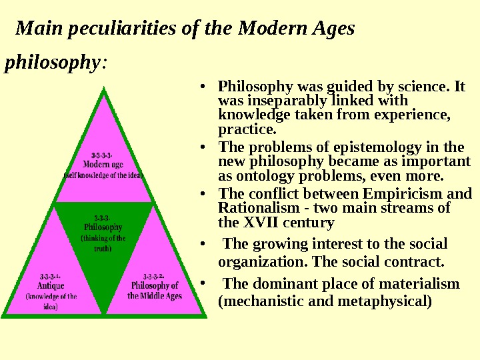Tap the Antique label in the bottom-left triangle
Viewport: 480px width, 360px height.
tap(51, 285)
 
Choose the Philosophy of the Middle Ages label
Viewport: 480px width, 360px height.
tap(155, 291)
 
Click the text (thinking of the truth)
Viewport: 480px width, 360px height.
tap(103, 243)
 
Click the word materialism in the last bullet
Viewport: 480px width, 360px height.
tap(420, 284)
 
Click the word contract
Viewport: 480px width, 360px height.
tap(415, 260)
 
